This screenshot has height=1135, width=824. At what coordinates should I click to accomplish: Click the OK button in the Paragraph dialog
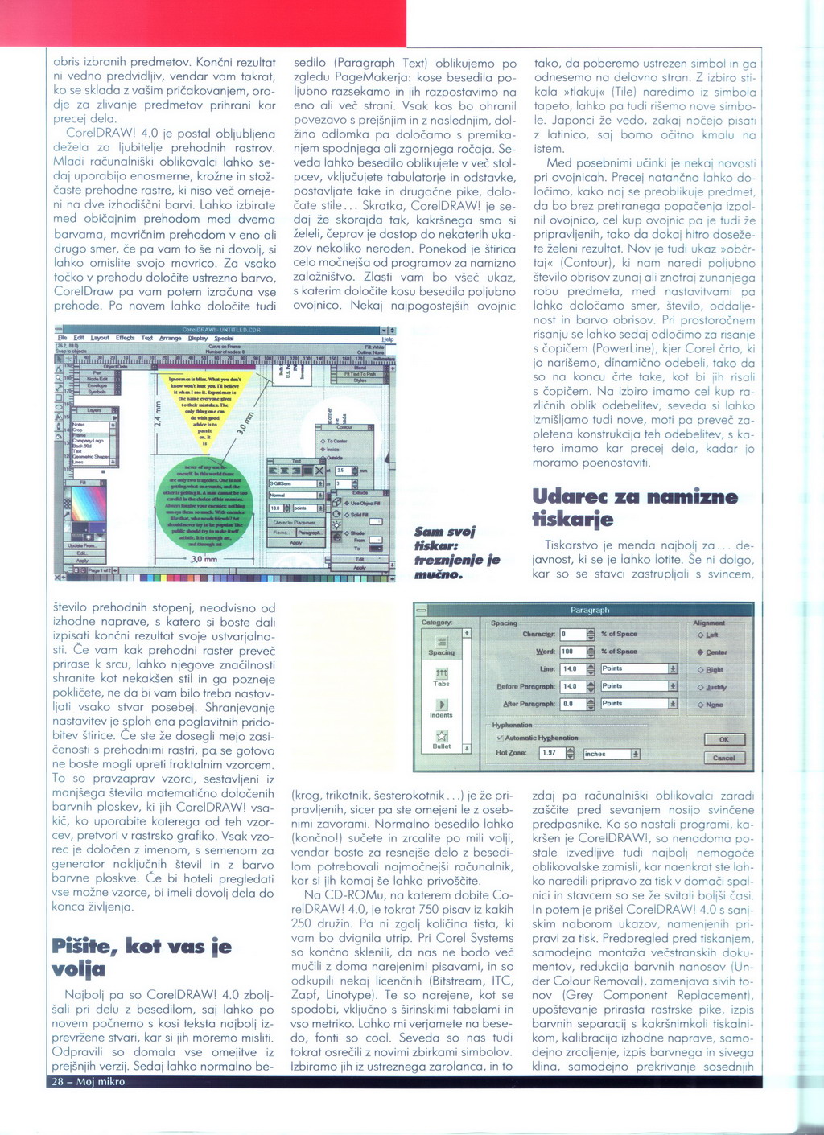click(x=724, y=739)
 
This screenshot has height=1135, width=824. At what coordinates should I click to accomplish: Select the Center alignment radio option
click(x=701, y=652)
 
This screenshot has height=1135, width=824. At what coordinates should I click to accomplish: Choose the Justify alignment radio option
click(x=701, y=688)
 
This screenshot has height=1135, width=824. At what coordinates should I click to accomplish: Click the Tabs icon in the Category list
click(x=441, y=676)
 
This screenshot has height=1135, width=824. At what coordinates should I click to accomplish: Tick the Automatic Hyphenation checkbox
click(x=501, y=738)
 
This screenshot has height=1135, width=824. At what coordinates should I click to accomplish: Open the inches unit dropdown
click(x=635, y=754)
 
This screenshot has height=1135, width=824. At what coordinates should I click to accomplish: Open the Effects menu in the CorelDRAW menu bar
click(x=125, y=339)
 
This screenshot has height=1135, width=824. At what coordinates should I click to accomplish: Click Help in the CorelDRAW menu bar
click(x=388, y=339)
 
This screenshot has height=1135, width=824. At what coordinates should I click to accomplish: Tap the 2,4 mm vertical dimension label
click(x=158, y=418)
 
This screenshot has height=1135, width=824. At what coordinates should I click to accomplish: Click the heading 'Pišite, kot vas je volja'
click(x=141, y=956)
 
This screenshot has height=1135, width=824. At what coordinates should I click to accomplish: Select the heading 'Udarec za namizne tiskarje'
click(x=635, y=508)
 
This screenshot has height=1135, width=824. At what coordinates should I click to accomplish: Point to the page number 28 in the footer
click(x=59, y=1082)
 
